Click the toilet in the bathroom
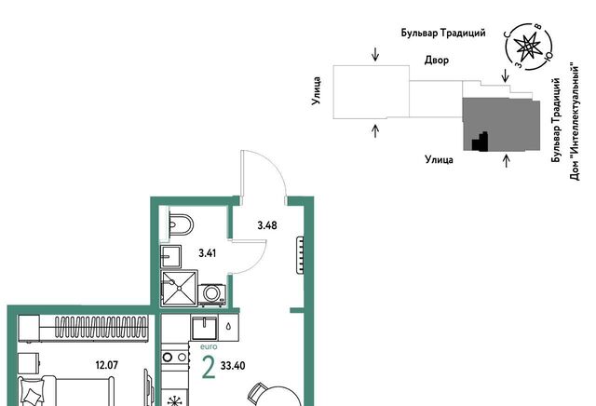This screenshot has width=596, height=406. click(180, 224)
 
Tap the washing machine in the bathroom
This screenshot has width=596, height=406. click(211, 294)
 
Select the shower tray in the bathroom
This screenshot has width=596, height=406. click(179, 288)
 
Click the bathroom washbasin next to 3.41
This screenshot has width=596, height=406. click(170, 257)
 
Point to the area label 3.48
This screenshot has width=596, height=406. click(267, 225)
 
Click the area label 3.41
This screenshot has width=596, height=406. click(207, 253)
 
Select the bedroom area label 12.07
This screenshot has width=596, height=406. click(107, 365)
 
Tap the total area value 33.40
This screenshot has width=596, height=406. click(233, 366)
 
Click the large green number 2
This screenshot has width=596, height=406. click(209, 368)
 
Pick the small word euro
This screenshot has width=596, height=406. click(209, 346)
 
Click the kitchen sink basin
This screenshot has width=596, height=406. click(205, 328)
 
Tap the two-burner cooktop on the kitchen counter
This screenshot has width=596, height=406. click(175, 358)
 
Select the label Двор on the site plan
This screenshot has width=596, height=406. click(437, 61)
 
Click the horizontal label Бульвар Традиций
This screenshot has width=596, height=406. click(443, 34)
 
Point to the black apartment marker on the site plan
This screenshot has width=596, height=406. click(481, 142)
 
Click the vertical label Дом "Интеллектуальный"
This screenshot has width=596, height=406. click(576, 121)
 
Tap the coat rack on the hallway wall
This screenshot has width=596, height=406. click(300, 255)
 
